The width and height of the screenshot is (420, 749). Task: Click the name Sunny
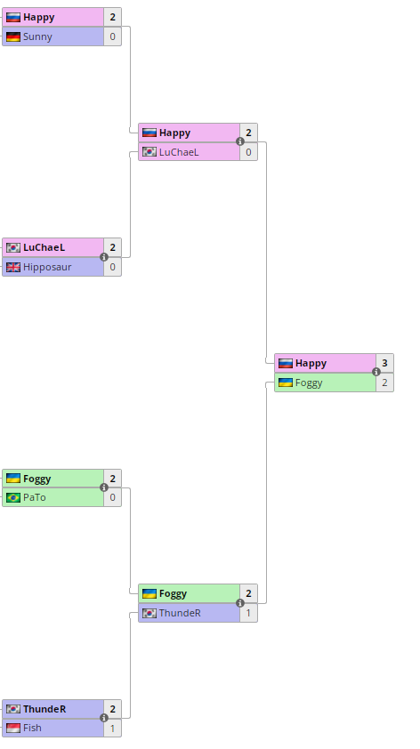(37, 36)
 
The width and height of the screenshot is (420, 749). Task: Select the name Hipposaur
(47, 267)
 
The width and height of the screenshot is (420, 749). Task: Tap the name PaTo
(35, 498)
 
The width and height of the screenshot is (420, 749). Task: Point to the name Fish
(32, 728)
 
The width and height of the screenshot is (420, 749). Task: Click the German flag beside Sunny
(13, 36)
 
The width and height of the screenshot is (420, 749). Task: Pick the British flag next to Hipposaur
(13, 267)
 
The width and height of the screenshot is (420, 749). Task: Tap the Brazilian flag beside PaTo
(13, 498)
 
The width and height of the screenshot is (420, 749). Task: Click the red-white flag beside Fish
(13, 728)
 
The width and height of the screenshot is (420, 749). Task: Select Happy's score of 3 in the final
(384, 363)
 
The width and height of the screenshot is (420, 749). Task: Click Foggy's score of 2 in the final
(384, 383)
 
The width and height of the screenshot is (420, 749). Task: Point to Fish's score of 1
(112, 728)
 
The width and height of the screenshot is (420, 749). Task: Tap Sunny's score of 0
(112, 36)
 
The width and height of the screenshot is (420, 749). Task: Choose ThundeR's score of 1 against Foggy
(248, 613)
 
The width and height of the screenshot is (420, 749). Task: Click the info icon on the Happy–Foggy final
(376, 372)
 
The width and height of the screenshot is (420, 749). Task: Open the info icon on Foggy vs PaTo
(104, 487)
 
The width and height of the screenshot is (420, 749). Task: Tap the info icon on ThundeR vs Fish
(104, 718)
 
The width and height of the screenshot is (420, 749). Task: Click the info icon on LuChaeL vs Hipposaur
(104, 257)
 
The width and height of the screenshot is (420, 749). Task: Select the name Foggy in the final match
(309, 383)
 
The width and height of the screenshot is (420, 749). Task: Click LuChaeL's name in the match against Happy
(179, 152)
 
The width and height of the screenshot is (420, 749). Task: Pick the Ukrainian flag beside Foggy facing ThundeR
(149, 593)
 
